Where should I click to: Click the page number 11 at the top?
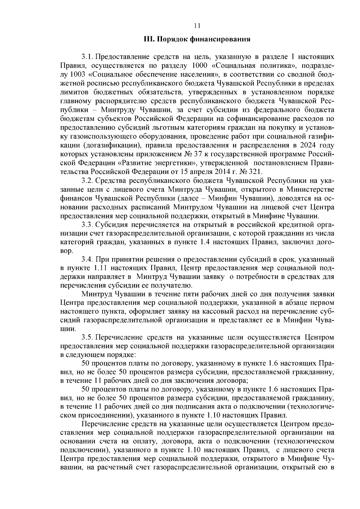pos(197,26)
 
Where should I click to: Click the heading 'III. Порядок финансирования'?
pos(197,39)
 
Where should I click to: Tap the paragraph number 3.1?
pos(87,57)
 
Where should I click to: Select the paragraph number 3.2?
pos(87,181)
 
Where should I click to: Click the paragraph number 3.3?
pos(87,224)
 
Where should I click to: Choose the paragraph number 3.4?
pos(87,259)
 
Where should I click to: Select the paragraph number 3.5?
pos(87,337)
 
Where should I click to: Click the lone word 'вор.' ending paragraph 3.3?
pos(67,251)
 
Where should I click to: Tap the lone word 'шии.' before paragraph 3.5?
pos(67,329)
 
